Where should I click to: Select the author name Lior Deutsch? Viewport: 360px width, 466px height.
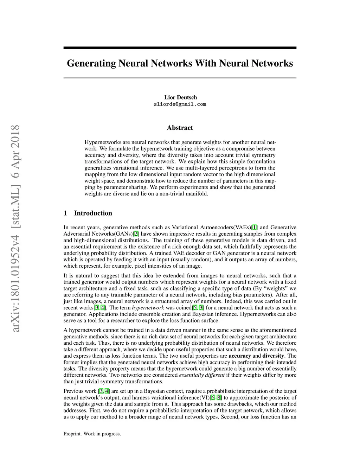point(180,97)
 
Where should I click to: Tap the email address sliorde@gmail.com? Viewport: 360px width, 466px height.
point(180,104)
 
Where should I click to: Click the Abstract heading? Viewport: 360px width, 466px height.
point(180,128)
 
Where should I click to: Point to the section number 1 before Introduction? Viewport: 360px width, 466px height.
point(65,213)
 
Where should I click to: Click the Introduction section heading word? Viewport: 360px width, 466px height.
point(93,213)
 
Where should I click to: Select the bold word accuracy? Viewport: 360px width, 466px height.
point(240,356)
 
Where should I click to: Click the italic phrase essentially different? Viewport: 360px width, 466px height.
point(201,375)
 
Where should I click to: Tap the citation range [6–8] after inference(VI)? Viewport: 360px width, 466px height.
point(216,398)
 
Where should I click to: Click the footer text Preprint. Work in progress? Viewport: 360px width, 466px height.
point(92,434)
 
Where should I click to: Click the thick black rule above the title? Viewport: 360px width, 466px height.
point(180,47)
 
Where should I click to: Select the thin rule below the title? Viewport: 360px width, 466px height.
point(180,78)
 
